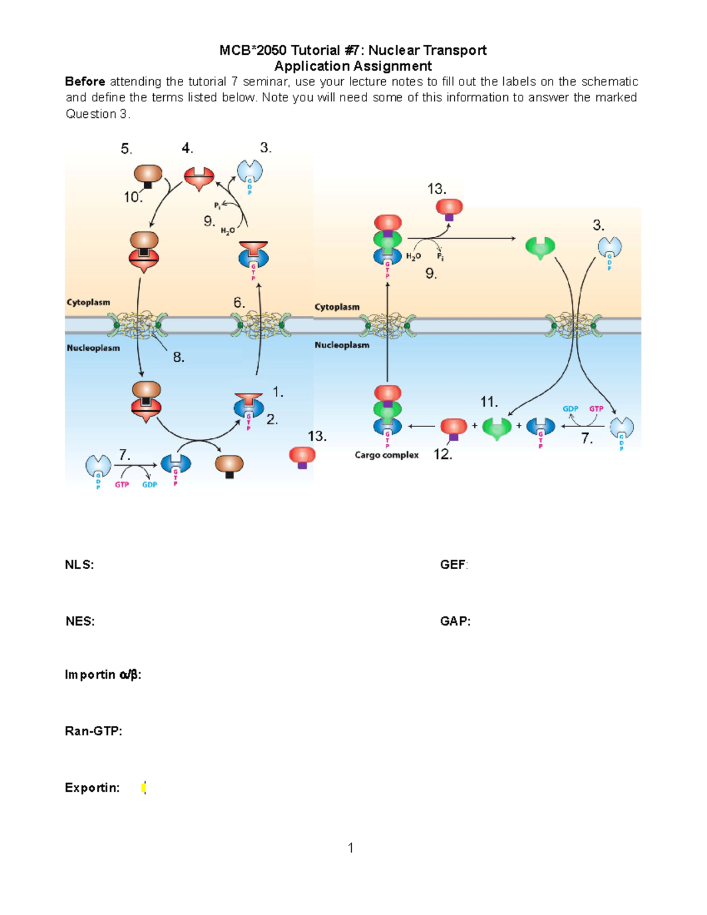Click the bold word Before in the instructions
[x=85, y=82]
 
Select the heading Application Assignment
[x=353, y=66]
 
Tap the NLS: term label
[x=80, y=565]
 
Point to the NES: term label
[x=80, y=622]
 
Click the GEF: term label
[x=454, y=565]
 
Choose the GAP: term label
[x=455, y=622]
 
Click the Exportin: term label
[x=92, y=788]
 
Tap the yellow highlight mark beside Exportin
[x=144, y=788]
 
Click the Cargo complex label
[x=386, y=455]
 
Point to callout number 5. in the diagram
[x=127, y=149]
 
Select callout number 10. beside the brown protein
[x=133, y=197]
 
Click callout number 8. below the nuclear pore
[x=179, y=357]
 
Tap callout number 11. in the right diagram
[x=489, y=402]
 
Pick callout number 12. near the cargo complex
[x=442, y=454]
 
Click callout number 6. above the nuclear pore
[x=239, y=303]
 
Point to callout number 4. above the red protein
[x=187, y=148]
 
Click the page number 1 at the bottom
[x=351, y=848]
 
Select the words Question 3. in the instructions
[x=97, y=114]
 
